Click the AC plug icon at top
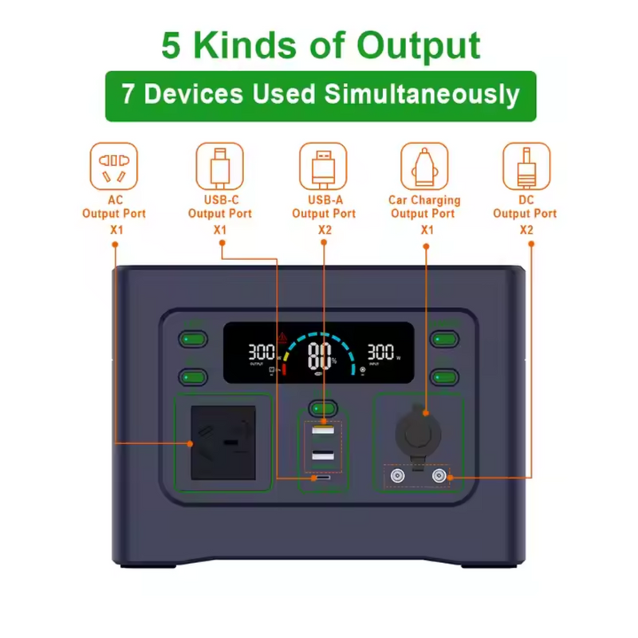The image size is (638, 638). point(114,166)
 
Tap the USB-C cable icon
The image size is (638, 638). point(220,166)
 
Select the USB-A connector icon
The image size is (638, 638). point(323,166)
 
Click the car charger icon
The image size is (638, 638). point(424,166)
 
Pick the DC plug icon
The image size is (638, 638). point(526,166)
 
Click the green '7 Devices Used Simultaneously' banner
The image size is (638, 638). point(321,96)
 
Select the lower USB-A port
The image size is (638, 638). point(323,456)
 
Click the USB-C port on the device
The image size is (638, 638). point(323,479)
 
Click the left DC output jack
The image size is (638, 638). point(396,477)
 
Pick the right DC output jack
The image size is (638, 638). point(438,477)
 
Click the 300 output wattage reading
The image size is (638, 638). point(262,352)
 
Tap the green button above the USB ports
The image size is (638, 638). point(323,407)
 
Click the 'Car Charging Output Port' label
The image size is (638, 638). point(424,207)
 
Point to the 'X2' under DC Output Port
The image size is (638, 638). point(526,230)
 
